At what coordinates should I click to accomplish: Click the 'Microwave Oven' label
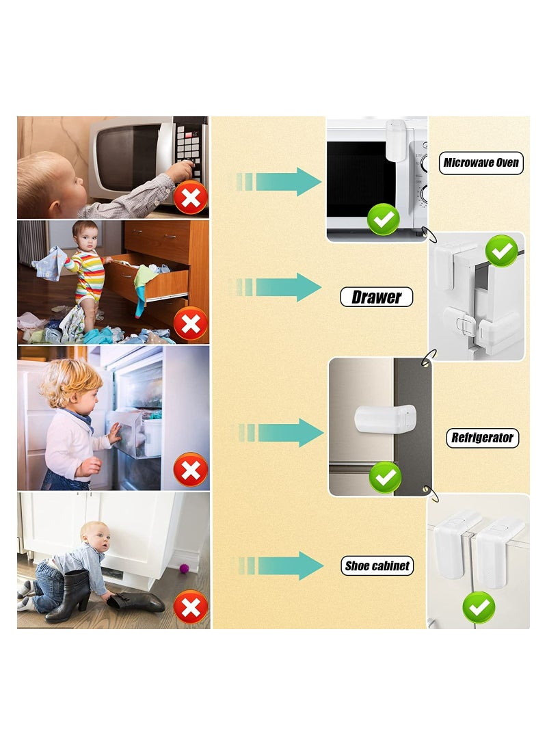[481, 163]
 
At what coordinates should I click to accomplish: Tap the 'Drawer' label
[376, 297]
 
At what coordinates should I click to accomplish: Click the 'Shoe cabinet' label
[377, 565]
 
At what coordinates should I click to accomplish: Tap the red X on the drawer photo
[191, 324]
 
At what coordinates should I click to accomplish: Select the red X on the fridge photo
[191, 470]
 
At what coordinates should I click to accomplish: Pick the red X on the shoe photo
[191, 606]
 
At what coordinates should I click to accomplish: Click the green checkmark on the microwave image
[384, 219]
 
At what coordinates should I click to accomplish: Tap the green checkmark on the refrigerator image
[385, 477]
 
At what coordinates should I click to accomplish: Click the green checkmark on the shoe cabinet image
[479, 607]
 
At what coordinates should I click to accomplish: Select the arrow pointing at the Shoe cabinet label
[280, 565]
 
